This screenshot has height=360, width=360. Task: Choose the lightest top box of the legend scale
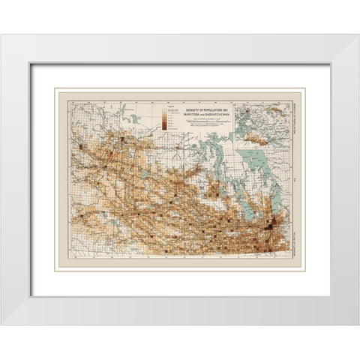[163, 112]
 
